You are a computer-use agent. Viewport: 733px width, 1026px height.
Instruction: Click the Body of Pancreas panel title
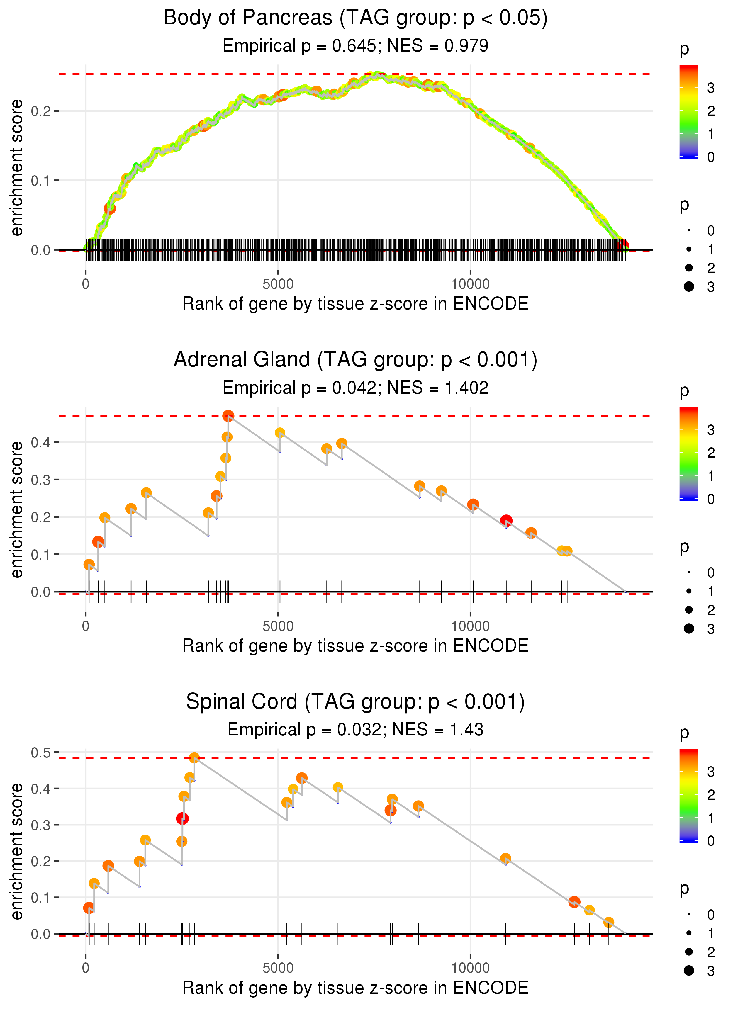click(355, 18)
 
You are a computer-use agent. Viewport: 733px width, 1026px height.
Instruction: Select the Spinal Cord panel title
click(355, 702)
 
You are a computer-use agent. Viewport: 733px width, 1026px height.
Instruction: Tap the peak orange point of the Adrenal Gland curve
click(228, 416)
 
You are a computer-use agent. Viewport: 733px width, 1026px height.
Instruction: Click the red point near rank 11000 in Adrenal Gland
click(506, 521)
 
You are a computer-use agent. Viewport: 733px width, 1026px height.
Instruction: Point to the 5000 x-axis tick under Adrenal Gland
click(278, 626)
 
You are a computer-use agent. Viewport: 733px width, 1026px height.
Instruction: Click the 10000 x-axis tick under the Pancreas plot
click(470, 284)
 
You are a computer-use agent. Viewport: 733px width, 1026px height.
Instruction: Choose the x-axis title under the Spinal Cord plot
click(355, 988)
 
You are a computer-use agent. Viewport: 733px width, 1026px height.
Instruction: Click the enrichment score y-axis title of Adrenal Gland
click(17, 509)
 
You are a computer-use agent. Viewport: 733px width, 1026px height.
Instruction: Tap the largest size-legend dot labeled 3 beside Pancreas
click(689, 286)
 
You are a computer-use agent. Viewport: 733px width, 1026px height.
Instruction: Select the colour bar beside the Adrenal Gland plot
click(689, 453)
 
